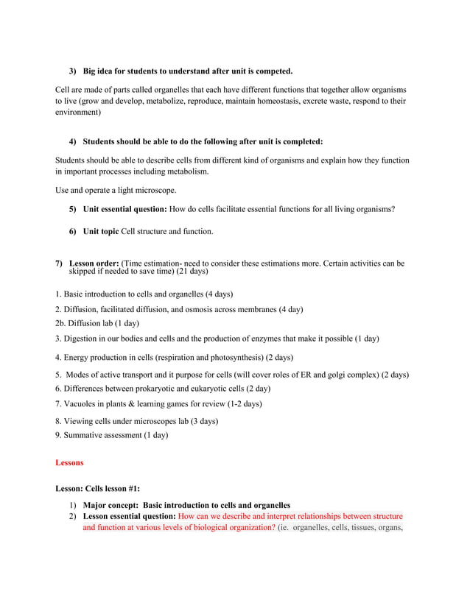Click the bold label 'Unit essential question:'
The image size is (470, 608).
coord(125,209)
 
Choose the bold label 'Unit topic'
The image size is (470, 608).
coord(100,231)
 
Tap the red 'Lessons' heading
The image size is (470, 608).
coord(69,463)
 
